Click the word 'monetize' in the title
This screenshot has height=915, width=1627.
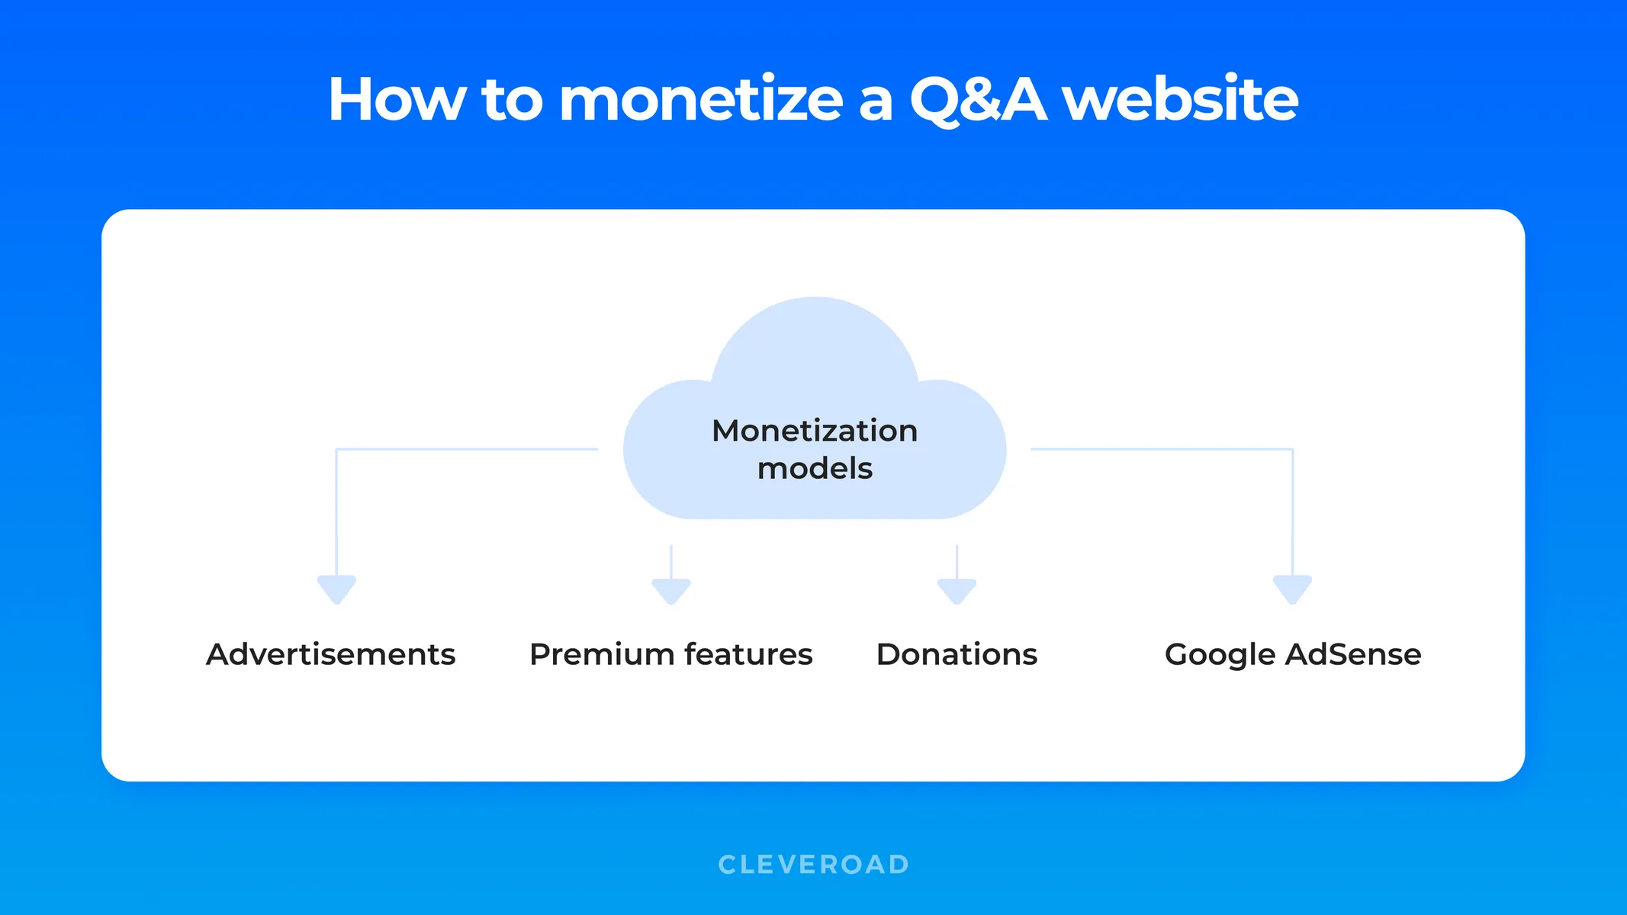700,100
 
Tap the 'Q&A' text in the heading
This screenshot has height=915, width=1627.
978,100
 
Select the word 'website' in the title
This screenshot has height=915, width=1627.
1180,100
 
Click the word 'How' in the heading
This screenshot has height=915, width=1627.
396,100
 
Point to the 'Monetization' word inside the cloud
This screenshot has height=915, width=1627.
814,431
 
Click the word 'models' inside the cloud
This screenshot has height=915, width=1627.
814,468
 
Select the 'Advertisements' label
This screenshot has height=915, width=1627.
330,654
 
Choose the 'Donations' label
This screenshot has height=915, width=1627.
957,654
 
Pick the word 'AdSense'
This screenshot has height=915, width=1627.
1353,654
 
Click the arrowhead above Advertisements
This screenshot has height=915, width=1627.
336,589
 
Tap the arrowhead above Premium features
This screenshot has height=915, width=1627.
671,591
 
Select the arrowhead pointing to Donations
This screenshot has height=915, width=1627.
957,591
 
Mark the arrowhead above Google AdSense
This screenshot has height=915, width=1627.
1292,589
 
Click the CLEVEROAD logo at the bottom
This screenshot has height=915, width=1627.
813,865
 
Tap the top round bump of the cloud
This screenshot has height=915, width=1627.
815,335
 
